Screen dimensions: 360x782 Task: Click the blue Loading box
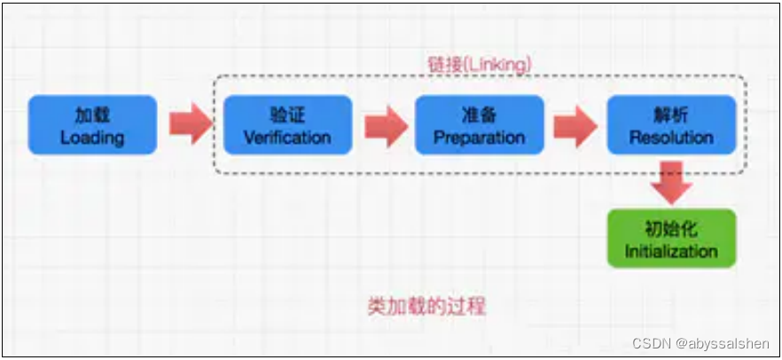click(x=92, y=125)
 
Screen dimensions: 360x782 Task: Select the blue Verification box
click(x=287, y=125)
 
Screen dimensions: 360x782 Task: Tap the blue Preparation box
click(x=480, y=125)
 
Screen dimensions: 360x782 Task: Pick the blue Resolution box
click(x=671, y=125)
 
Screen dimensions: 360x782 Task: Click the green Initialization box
click(x=671, y=238)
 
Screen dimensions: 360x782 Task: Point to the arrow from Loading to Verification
click(x=191, y=124)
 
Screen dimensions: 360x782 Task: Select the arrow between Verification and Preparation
click(x=384, y=125)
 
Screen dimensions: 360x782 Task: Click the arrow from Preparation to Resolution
click(x=575, y=125)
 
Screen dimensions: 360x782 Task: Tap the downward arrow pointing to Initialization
click(x=671, y=182)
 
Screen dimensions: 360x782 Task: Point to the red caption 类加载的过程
click(x=426, y=307)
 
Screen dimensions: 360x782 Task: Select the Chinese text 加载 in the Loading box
click(x=92, y=115)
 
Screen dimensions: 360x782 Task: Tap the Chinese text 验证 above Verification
click(x=287, y=115)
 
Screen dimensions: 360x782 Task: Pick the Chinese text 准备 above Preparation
click(x=480, y=115)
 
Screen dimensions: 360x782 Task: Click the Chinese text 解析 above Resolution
click(x=671, y=115)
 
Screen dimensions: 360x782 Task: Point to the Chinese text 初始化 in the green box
click(x=671, y=228)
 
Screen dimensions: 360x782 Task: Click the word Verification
click(x=287, y=137)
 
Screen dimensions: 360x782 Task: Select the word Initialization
click(x=671, y=250)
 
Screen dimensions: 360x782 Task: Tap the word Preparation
click(x=480, y=137)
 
